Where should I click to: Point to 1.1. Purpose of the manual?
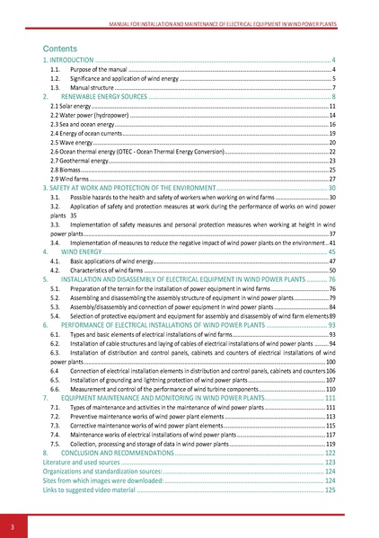click(x=99, y=68)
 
